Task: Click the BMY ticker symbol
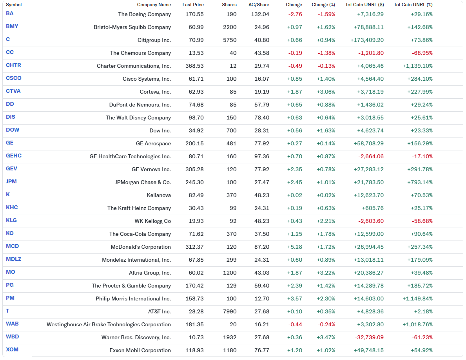tap(12, 26)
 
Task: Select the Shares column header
tap(229, 5)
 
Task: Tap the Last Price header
tap(193, 5)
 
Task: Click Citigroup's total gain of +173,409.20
tap(367, 40)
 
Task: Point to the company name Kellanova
tap(159, 195)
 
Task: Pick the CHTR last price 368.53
tap(194, 66)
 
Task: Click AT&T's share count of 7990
tap(230, 311)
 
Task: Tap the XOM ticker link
tap(12, 349)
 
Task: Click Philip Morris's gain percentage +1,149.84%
tap(417, 298)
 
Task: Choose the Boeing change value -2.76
tap(295, 14)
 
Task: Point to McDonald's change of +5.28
tap(294, 247)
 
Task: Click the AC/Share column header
tap(259, 5)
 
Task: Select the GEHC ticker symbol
tap(14, 156)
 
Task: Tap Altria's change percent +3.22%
tap(326, 273)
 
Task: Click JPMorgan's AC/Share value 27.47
tap(262, 183)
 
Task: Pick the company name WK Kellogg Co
tap(153, 221)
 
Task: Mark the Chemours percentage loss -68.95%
tap(422, 53)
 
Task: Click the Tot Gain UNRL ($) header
tap(364, 5)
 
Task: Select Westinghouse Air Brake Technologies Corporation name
tap(109, 324)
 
